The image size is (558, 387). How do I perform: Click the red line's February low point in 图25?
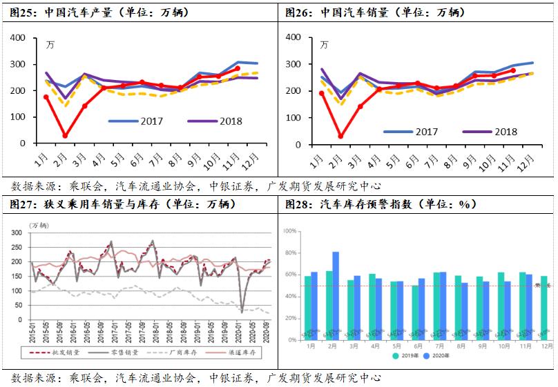click(65, 136)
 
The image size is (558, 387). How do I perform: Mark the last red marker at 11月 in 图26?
click(512, 70)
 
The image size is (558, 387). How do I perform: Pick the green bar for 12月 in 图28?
click(544, 308)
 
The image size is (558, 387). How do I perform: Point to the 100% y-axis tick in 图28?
click(290, 231)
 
